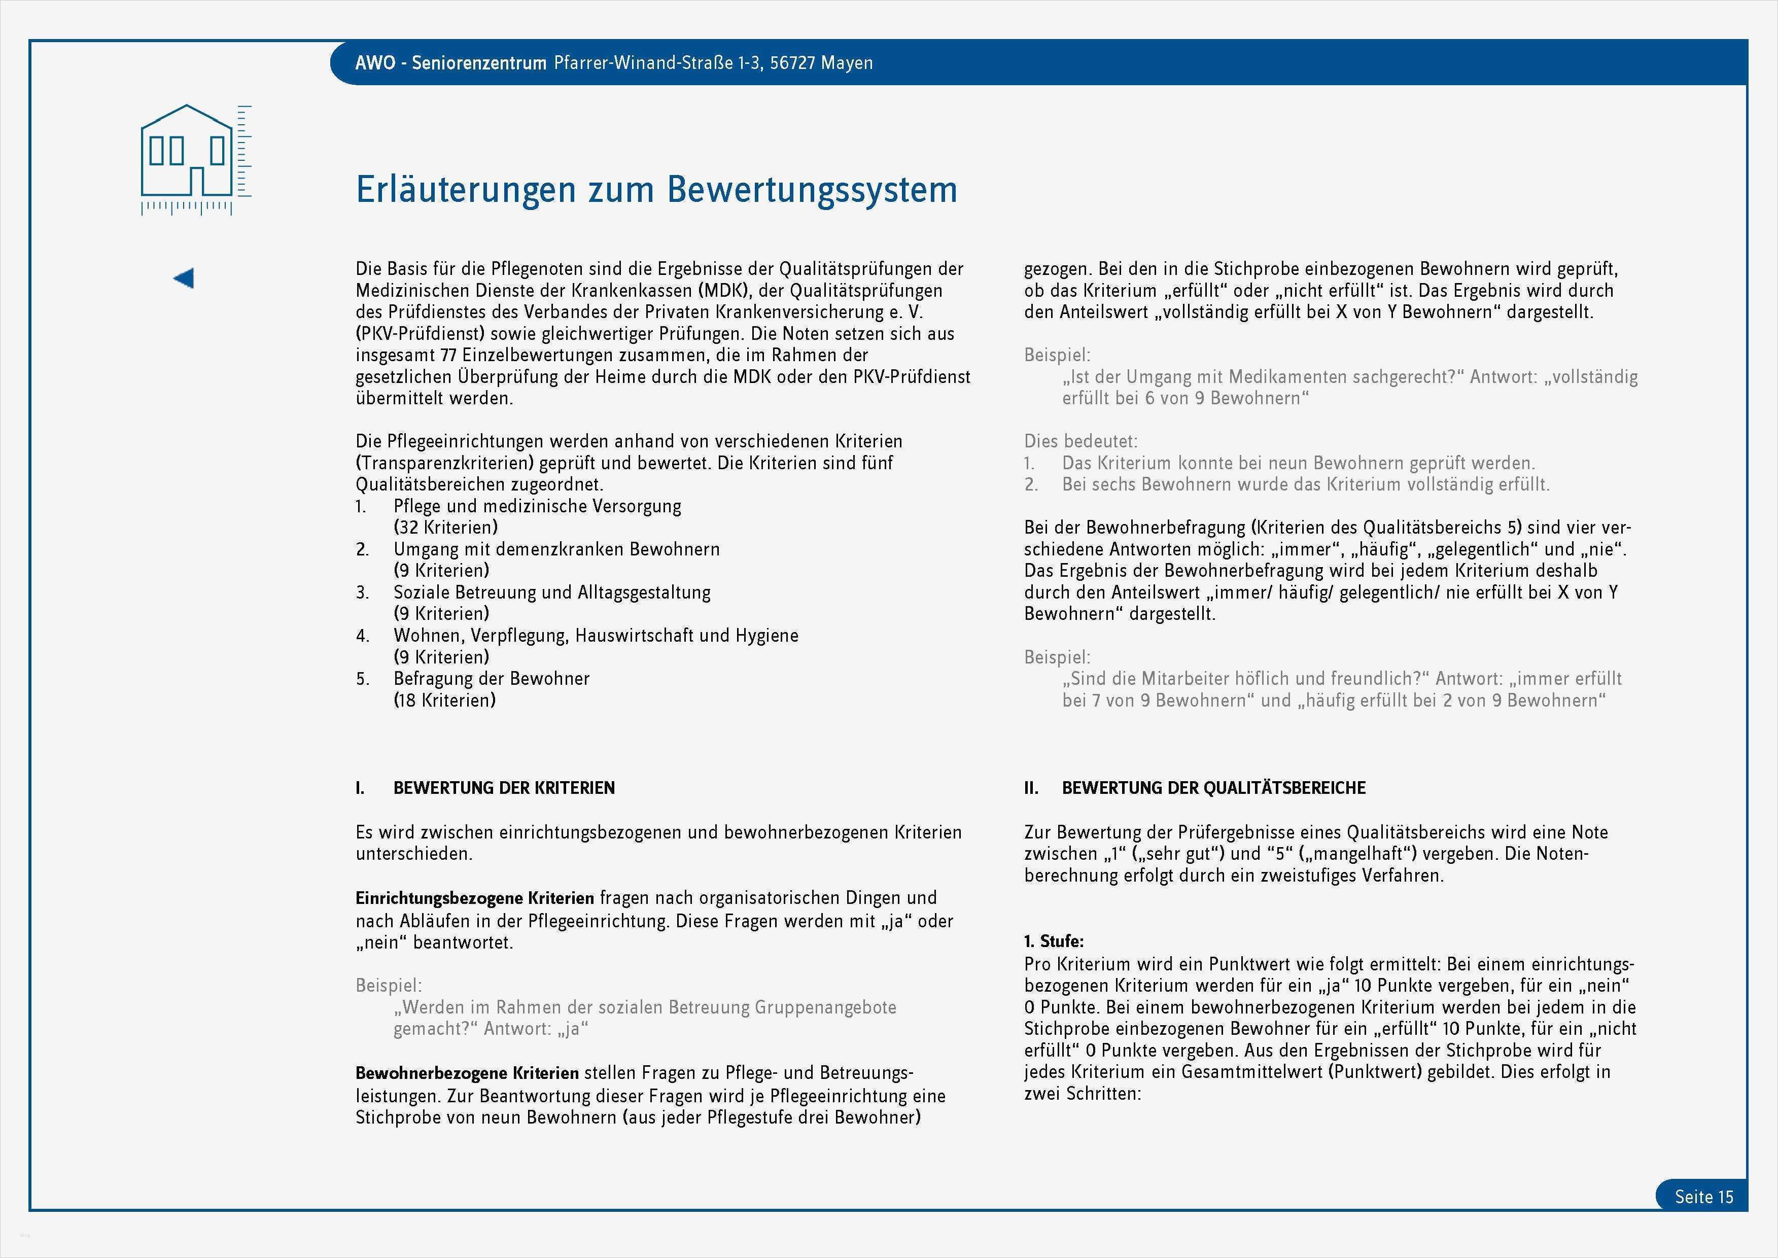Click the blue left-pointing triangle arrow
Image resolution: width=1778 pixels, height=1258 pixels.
(184, 278)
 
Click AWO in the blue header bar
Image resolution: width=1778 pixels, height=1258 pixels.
(375, 63)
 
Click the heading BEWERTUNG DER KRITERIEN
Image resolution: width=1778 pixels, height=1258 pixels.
(504, 788)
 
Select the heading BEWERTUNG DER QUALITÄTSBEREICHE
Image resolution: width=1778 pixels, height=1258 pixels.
(1213, 788)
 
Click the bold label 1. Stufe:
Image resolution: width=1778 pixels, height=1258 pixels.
(1054, 941)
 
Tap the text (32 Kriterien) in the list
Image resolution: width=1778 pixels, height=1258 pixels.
(445, 528)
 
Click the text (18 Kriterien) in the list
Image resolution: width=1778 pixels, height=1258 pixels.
(445, 700)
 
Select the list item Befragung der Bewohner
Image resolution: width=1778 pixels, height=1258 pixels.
(491, 679)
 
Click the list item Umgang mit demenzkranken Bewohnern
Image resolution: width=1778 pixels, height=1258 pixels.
(556, 549)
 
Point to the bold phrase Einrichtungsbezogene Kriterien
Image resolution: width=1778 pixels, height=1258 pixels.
(474, 898)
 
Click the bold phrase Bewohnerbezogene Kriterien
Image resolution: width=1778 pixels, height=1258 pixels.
(466, 1073)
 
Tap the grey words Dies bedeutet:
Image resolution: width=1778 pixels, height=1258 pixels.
(1080, 441)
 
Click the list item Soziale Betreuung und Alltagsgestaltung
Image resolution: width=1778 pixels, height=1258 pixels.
(551, 592)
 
